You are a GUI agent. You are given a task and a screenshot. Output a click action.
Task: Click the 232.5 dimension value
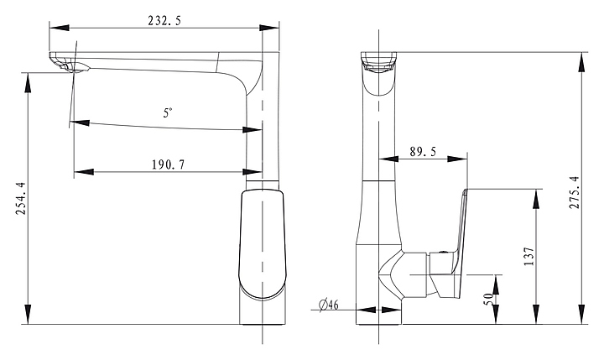click(x=164, y=20)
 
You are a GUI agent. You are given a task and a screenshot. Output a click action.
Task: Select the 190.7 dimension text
click(x=169, y=165)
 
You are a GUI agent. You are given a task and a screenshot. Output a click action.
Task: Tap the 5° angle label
click(x=168, y=113)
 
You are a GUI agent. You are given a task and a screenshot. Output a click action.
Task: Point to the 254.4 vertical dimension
click(x=20, y=199)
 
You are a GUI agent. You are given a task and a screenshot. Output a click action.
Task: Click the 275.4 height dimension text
click(x=574, y=192)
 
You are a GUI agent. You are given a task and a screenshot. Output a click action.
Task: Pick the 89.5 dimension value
click(x=423, y=152)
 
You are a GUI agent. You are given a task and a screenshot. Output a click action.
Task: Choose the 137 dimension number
click(x=529, y=256)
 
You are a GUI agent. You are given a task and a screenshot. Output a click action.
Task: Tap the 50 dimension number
click(x=488, y=299)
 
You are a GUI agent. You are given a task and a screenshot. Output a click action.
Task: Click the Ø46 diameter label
click(x=329, y=305)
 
